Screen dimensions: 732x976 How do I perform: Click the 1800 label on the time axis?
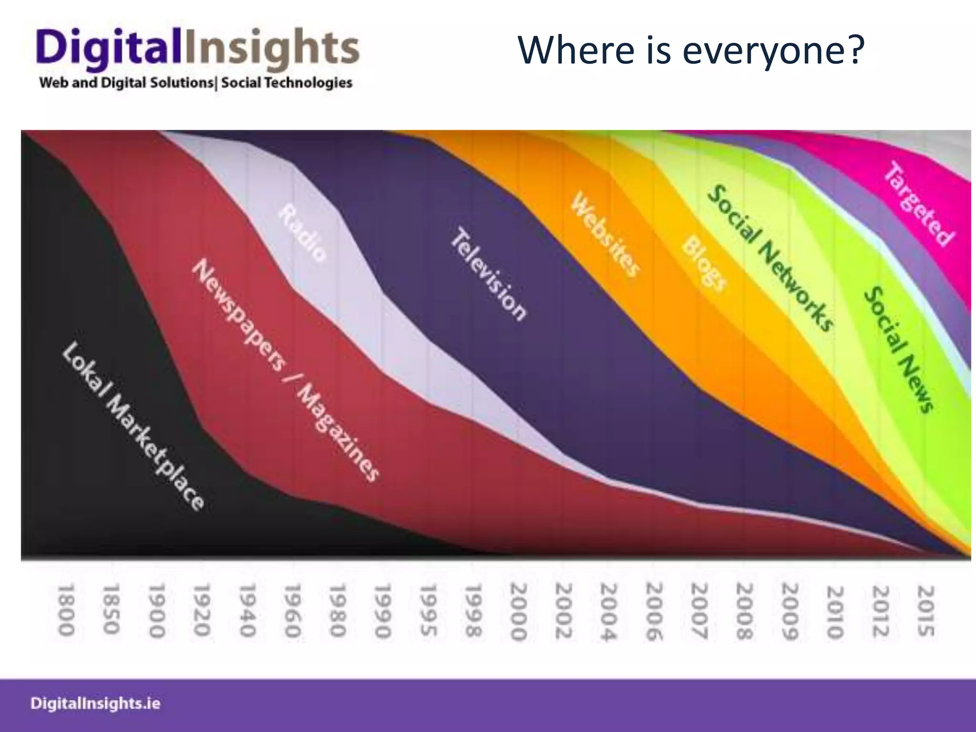pyautogui.click(x=66, y=610)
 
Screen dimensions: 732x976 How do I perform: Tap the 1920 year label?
pyautogui.click(x=202, y=610)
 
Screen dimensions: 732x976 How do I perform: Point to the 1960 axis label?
pyautogui.click(x=292, y=610)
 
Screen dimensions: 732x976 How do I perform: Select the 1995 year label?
pyautogui.click(x=428, y=610)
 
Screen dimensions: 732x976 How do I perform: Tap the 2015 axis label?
pyautogui.click(x=925, y=611)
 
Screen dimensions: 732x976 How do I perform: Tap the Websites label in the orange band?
pyautogui.click(x=605, y=234)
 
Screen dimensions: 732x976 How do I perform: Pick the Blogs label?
pyautogui.click(x=704, y=263)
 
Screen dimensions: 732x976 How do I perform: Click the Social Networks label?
pyautogui.click(x=770, y=258)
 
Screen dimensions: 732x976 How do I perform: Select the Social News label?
pyautogui.click(x=899, y=349)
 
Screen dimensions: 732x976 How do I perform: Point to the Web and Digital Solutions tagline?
pyautogui.click(x=196, y=83)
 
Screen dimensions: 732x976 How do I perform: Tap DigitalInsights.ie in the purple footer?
pyautogui.click(x=95, y=704)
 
